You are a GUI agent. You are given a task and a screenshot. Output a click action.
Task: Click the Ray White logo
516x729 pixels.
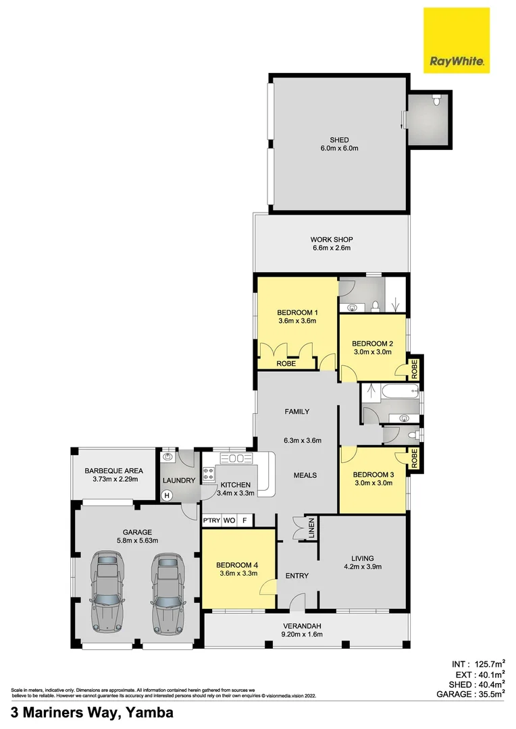[457, 40]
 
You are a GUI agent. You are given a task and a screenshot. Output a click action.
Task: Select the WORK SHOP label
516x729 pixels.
[332, 240]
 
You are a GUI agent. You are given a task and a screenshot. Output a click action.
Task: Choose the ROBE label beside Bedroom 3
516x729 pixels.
[415, 459]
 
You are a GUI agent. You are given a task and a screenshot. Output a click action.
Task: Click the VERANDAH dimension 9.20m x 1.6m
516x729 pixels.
[302, 634]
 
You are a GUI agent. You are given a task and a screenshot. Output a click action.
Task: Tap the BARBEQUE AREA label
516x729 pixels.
[111, 470]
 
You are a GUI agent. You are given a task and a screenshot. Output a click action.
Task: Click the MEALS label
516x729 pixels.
[305, 475]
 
